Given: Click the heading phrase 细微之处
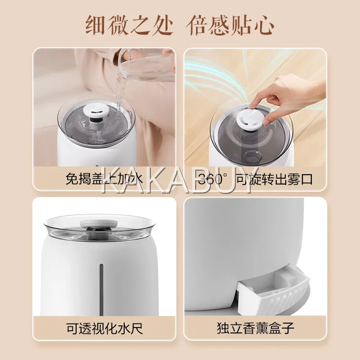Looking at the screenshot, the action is pyautogui.click(x=129, y=25).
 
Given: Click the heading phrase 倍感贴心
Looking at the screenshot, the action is pyautogui.click(x=230, y=25).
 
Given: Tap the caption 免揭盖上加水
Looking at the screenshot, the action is pyautogui.click(x=104, y=178).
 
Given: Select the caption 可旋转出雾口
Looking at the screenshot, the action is pyautogui.click(x=274, y=179).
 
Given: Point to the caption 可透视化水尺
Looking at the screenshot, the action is pyautogui.click(x=105, y=328).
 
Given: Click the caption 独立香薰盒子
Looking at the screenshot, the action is pyautogui.click(x=255, y=328).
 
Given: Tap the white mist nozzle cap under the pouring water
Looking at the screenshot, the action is pyautogui.click(x=94, y=112).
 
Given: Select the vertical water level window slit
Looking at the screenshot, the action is pyautogui.click(x=101, y=289).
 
